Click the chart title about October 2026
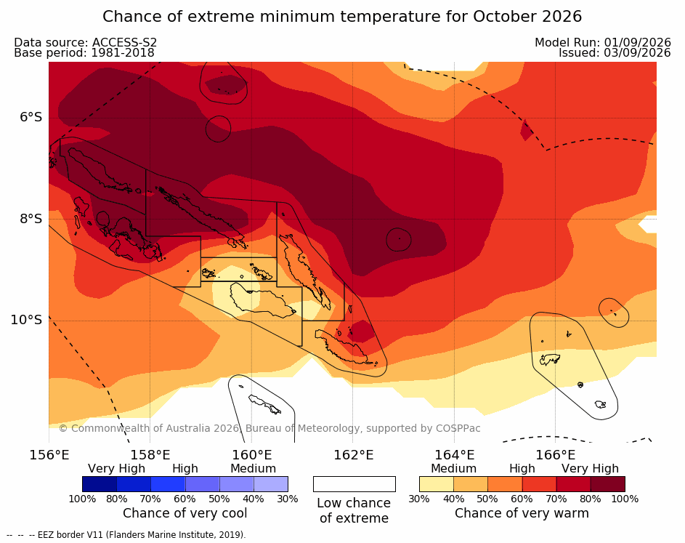342,17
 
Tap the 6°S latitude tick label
31,117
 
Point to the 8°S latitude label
31,219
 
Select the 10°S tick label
27,320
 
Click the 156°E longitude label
49,455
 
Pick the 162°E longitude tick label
354,455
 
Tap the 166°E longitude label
555,455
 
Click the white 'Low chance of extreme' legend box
354,484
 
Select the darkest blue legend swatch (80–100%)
100,484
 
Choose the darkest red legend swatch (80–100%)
608,484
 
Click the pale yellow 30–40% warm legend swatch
437,484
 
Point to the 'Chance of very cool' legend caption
185,513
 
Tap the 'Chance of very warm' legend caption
522,513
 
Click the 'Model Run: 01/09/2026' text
603,42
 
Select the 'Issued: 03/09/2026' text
615,53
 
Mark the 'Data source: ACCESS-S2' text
85,42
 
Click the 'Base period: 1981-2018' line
84,53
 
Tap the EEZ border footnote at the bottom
126,535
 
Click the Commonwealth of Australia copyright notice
269,428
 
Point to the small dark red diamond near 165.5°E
527,130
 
